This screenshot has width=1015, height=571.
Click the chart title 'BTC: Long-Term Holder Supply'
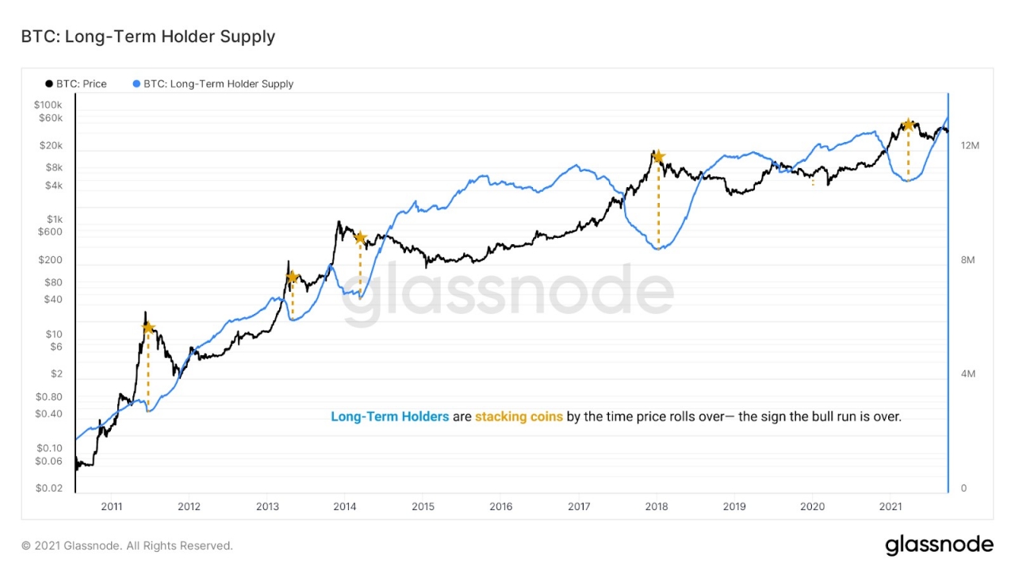point(148,36)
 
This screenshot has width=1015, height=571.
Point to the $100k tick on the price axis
point(48,105)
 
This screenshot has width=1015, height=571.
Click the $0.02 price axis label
point(48,489)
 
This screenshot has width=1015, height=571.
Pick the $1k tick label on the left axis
point(54,219)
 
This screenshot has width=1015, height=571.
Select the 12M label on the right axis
point(970,146)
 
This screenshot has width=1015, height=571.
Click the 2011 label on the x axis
point(111,507)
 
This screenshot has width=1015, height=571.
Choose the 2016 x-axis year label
point(500,507)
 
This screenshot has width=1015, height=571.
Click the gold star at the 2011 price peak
point(147,327)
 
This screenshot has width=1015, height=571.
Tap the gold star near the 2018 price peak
point(658,157)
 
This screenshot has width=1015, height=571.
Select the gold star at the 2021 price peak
point(909,125)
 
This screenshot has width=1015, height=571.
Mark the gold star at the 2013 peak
point(292,277)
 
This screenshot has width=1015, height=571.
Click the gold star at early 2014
point(360,237)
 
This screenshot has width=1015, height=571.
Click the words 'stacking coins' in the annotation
point(519,416)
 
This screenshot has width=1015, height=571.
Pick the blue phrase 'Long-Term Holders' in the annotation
point(389,416)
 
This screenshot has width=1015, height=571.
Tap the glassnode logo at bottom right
point(939,545)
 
